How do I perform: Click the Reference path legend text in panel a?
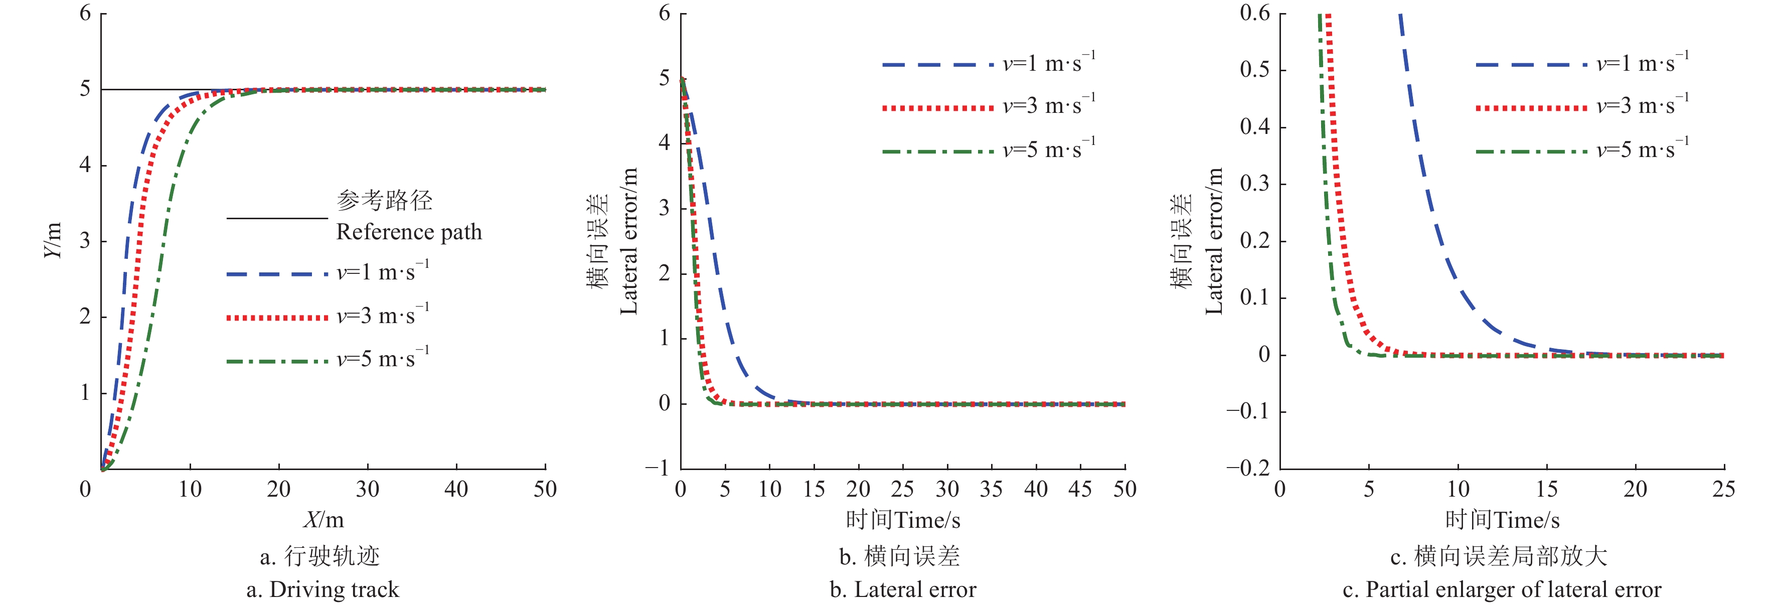(x=408, y=232)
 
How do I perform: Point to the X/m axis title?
(x=323, y=519)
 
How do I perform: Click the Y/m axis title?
(x=53, y=240)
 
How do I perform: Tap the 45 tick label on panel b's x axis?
(x=1079, y=489)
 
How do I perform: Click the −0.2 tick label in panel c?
(x=1248, y=469)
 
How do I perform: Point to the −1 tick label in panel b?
(x=657, y=469)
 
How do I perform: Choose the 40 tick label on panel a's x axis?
(x=456, y=489)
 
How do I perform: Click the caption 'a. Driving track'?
(x=322, y=590)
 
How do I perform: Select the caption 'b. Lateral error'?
(x=902, y=590)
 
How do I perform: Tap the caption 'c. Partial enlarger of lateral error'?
(x=1502, y=590)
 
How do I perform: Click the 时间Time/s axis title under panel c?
(x=1502, y=519)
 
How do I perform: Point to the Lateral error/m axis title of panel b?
(x=628, y=241)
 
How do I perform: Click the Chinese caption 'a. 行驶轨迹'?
(x=320, y=556)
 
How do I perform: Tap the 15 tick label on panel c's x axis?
(x=1547, y=489)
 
